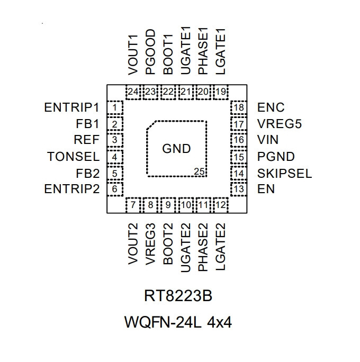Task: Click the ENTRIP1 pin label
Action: point(71,107)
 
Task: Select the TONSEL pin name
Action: point(74,157)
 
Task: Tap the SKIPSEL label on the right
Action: point(284,174)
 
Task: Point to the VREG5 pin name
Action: point(280,124)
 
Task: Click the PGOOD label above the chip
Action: point(150,52)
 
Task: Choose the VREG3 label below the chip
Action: point(150,245)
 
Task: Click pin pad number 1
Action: point(115,107)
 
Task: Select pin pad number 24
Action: point(133,92)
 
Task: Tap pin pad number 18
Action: point(239,107)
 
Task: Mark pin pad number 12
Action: point(221,205)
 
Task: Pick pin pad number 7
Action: point(133,205)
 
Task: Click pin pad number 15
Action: point(239,157)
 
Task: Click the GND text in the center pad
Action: point(176,148)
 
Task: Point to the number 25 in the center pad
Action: point(199,172)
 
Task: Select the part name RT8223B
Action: point(178,296)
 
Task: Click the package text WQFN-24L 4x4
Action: point(178,322)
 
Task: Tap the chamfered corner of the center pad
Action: point(152,125)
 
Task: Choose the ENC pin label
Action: point(271,107)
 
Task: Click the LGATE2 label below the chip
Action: point(220,247)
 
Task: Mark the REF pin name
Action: point(87,140)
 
